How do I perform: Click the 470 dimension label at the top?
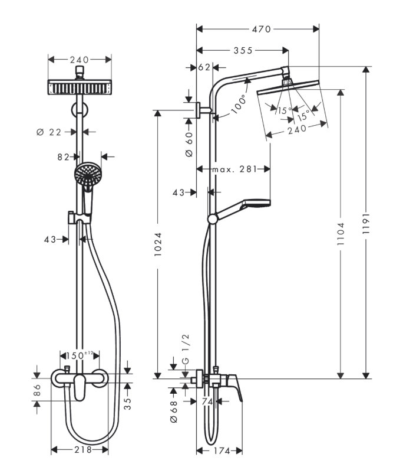261,29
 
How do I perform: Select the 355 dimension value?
243,51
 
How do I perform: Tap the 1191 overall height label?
366,223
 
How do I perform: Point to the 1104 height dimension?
341,234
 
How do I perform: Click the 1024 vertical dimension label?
158,244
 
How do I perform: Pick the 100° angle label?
239,104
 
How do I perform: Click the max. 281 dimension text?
234,169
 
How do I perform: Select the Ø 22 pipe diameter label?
49,132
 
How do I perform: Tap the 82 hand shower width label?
63,157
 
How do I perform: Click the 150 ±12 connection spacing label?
80,355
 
